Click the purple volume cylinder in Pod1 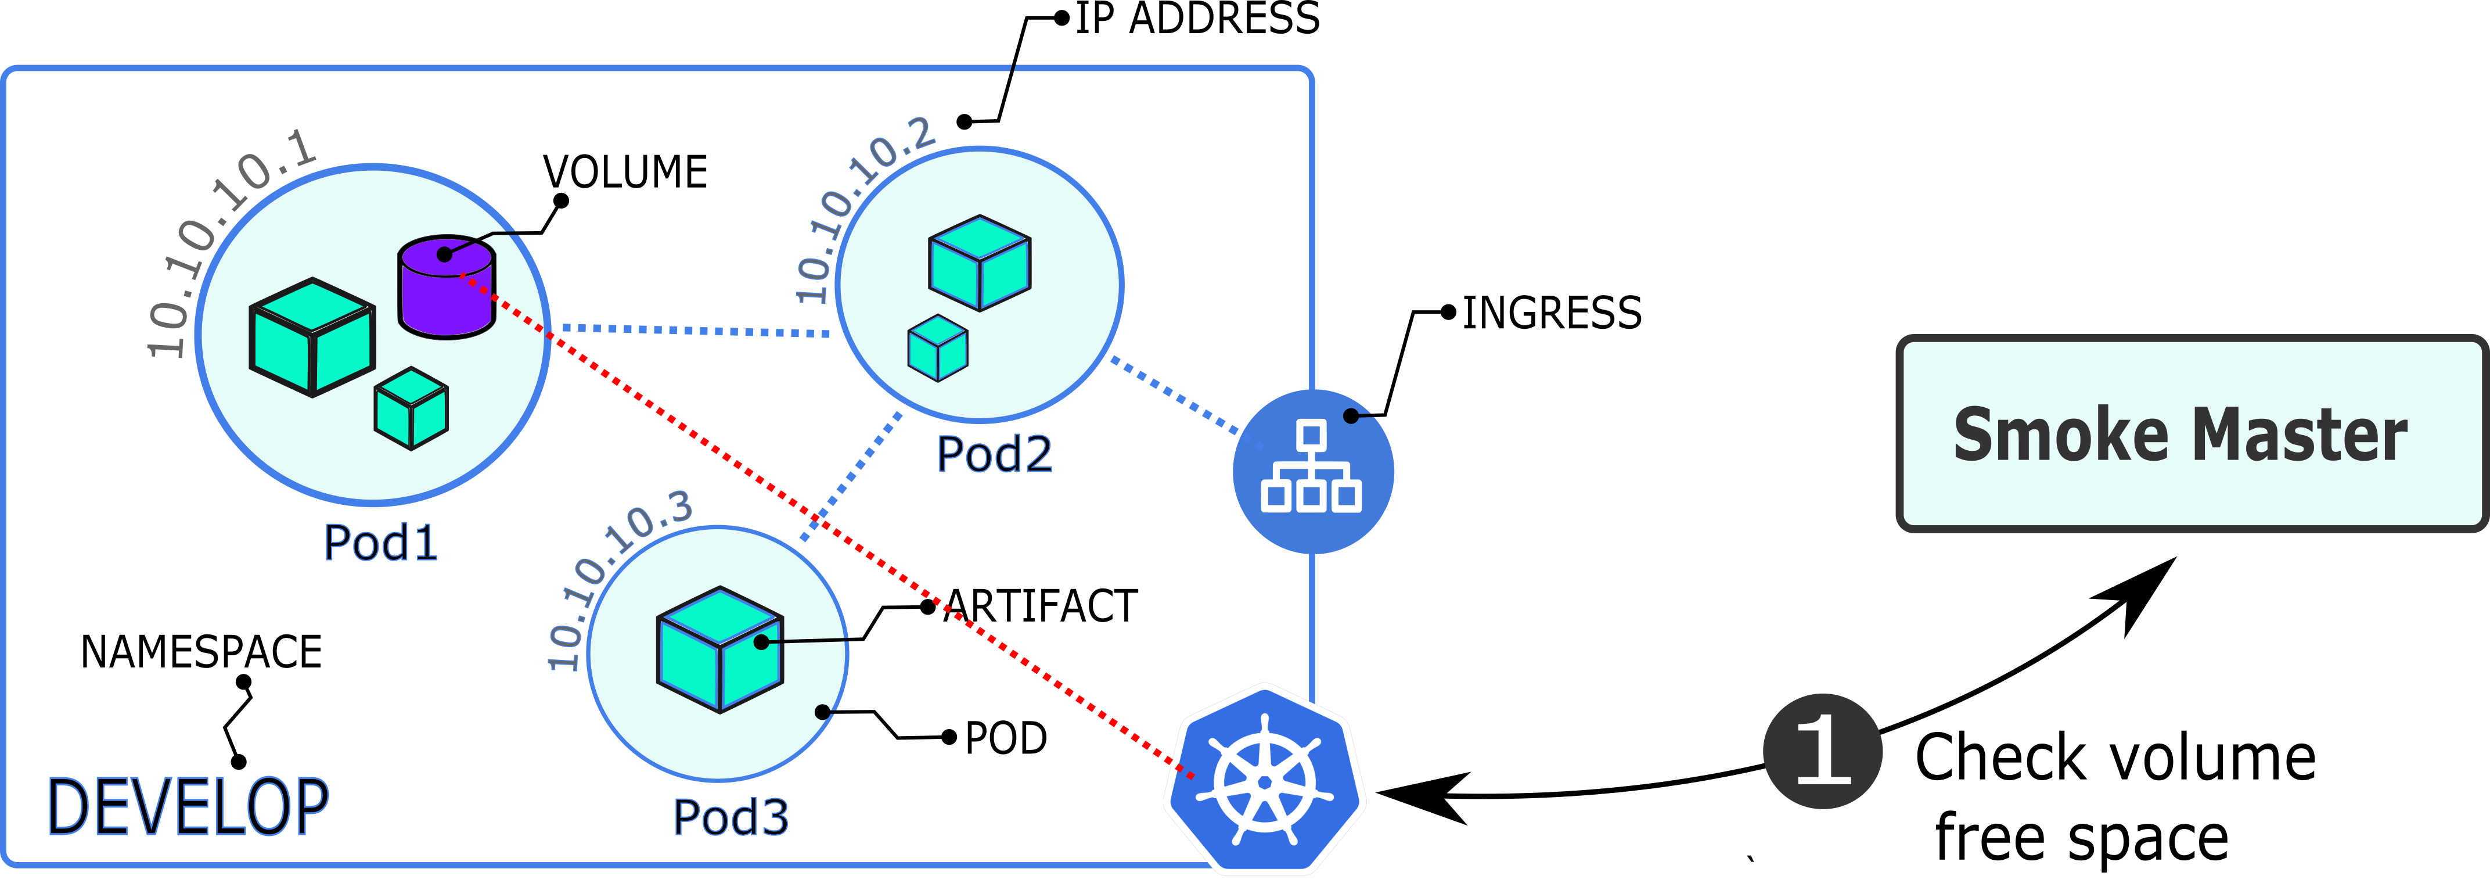447,287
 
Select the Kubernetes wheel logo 1264,781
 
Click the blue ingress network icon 1313,471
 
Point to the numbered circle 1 1822,752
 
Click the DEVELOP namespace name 189,806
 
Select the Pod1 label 381,543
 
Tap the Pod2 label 995,454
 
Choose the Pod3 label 731,817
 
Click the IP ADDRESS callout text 1197,19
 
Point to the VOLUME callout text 625,172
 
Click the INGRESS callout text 1552,313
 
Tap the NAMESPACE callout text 201,652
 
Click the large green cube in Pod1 312,336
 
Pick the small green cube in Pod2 938,347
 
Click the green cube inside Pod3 720,649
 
